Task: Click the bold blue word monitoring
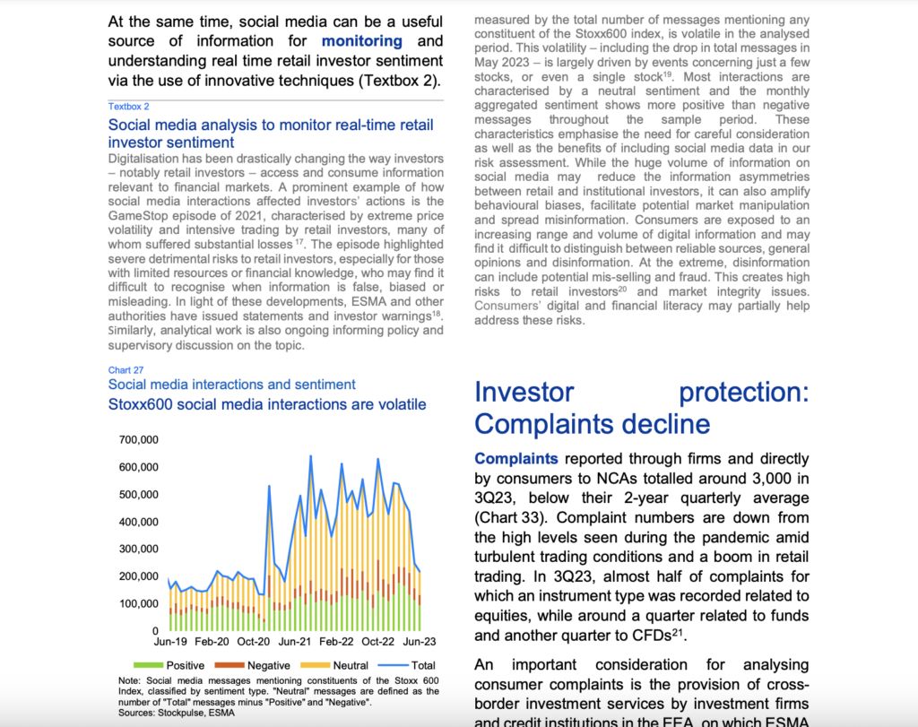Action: [x=361, y=41]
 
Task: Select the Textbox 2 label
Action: [x=128, y=106]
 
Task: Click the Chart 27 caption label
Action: [x=126, y=369]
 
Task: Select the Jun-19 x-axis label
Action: [x=170, y=642]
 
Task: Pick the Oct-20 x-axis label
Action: [x=254, y=642]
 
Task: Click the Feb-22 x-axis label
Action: [x=336, y=642]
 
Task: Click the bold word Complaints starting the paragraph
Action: [x=515, y=458]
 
